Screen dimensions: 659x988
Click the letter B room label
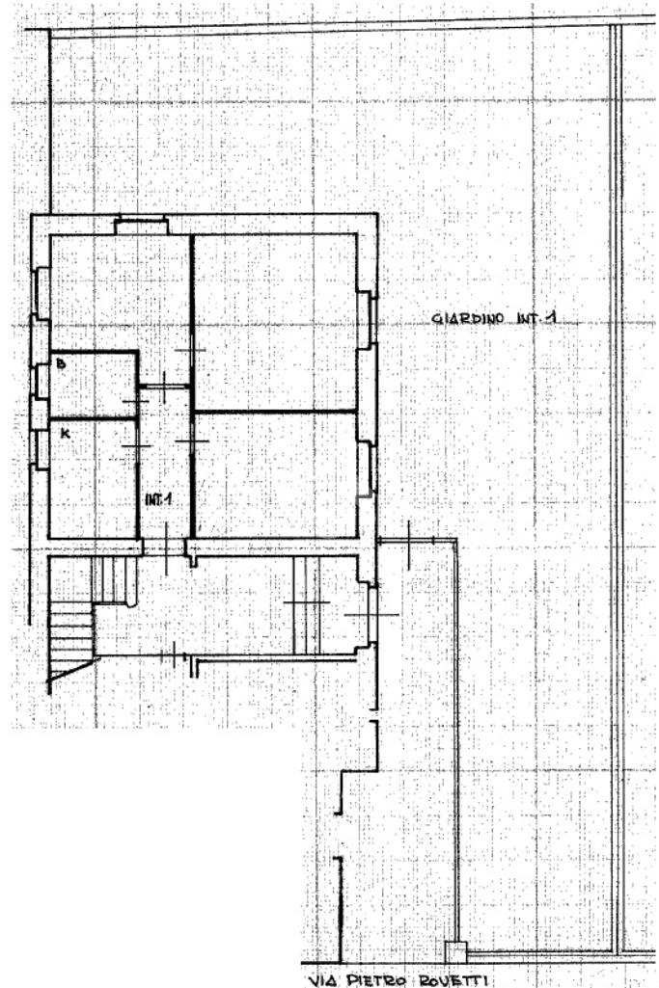[x=60, y=364]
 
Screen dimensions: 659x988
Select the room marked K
[x=92, y=482]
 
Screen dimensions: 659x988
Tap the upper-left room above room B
[x=116, y=289]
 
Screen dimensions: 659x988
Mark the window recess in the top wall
[x=141, y=227]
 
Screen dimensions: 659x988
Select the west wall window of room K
[x=41, y=449]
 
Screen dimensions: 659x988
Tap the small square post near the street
[x=454, y=950]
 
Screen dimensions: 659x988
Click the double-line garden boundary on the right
[x=616, y=482]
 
